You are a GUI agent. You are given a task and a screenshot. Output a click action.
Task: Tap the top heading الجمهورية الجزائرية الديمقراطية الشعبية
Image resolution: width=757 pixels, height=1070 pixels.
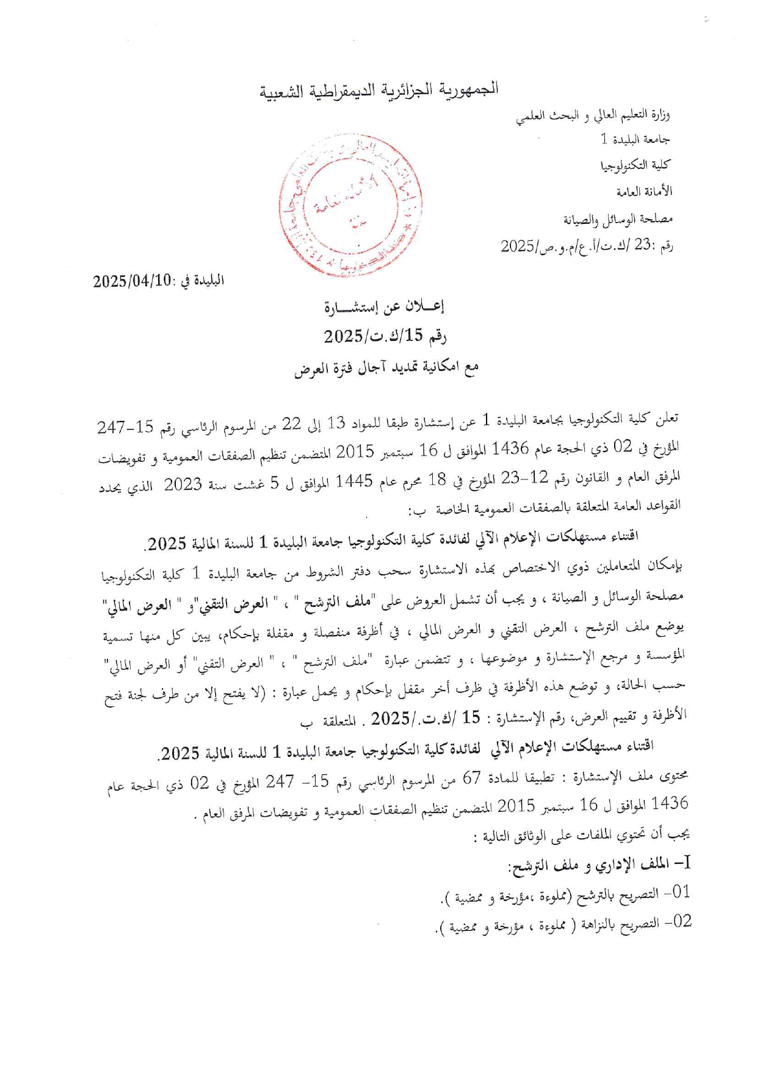pyautogui.click(x=380, y=90)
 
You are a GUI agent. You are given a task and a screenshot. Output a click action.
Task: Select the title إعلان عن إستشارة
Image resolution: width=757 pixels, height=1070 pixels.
pyautogui.click(x=385, y=307)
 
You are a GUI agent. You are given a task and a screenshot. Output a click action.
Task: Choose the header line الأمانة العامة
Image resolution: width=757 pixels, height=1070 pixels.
pyautogui.click(x=644, y=192)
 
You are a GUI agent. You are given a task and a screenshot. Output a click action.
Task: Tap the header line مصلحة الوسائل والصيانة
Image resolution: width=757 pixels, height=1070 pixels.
pyautogui.click(x=618, y=218)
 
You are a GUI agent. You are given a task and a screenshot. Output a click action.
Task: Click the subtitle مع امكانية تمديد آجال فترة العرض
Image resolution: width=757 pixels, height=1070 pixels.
pyautogui.click(x=386, y=368)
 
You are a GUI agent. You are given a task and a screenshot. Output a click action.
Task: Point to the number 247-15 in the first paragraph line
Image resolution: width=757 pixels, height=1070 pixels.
pyautogui.click(x=126, y=427)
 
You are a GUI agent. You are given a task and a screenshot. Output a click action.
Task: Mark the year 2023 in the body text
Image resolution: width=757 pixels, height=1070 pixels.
pyautogui.click(x=183, y=484)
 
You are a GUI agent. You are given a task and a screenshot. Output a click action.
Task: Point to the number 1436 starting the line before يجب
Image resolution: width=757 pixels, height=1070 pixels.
pyautogui.click(x=670, y=803)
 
